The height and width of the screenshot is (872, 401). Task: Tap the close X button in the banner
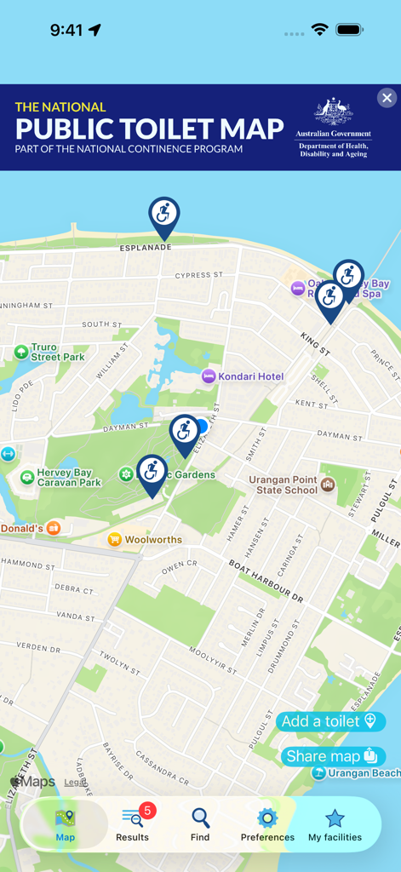pyautogui.click(x=387, y=98)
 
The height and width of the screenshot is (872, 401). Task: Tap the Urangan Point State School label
pyautogui.click(x=284, y=485)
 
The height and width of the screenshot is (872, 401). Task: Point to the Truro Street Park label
pyautogui.click(x=57, y=353)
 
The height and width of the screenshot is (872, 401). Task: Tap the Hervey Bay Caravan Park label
pyautogui.click(x=68, y=477)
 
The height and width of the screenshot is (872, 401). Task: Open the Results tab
pyautogui.click(x=132, y=824)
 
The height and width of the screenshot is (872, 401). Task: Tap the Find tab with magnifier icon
pyautogui.click(x=200, y=824)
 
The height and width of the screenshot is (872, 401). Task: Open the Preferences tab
pyautogui.click(x=267, y=824)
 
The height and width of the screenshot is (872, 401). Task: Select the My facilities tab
pyautogui.click(x=335, y=824)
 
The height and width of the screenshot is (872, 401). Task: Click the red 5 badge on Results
pyautogui.click(x=147, y=811)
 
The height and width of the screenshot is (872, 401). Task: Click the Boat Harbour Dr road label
pyautogui.click(x=266, y=581)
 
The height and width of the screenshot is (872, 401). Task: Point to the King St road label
pyautogui.click(x=314, y=343)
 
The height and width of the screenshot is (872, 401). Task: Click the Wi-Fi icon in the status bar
pyautogui.click(x=320, y=30)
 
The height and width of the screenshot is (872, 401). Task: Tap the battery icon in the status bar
pyautogui.click(x=349, y=30)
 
